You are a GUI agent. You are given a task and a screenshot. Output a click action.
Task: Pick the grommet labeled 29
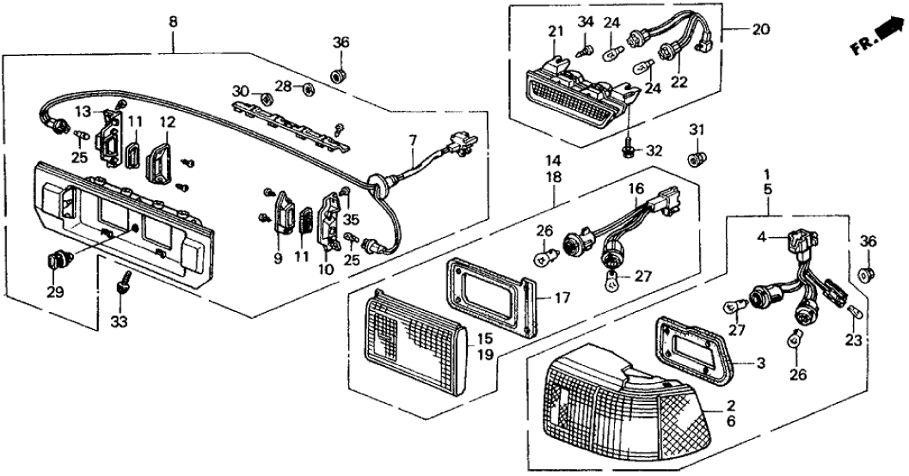pos(58,258)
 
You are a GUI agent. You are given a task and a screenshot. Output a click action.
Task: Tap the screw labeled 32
pos(629,152)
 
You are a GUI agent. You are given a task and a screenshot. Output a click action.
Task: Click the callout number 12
pos(166,123)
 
